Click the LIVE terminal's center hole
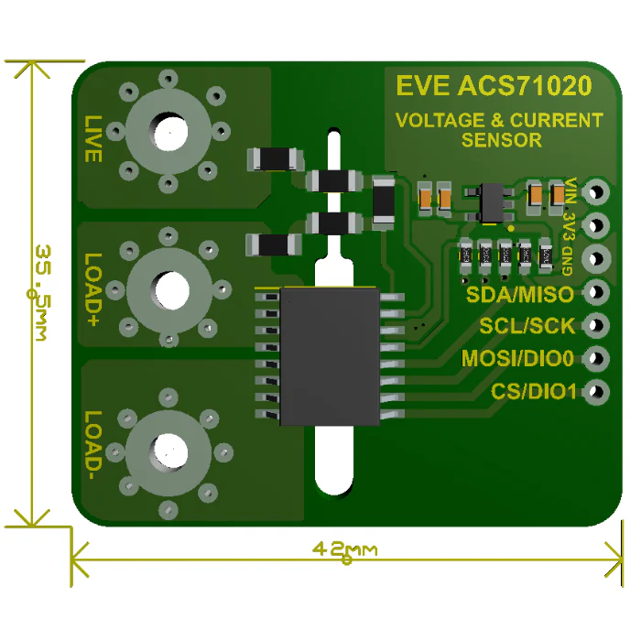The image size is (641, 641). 170,132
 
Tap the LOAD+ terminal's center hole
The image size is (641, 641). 172,290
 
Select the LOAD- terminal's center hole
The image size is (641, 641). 170,451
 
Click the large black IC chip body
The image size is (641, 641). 330,356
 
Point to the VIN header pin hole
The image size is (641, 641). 596,191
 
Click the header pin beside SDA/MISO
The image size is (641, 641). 596,292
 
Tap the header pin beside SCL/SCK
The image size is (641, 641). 596,325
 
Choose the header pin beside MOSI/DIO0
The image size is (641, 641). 596,359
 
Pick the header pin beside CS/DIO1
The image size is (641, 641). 596,392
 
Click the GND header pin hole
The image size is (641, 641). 596,258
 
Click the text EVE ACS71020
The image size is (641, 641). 494,85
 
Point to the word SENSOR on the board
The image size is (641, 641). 502,140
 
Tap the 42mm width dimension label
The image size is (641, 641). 344,549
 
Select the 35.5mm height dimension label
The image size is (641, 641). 42,293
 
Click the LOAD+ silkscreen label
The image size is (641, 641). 92,290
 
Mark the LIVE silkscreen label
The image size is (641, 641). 92,139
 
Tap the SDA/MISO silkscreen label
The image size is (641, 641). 520,294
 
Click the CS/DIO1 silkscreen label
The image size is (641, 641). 534,392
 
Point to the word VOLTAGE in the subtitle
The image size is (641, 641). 440,120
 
